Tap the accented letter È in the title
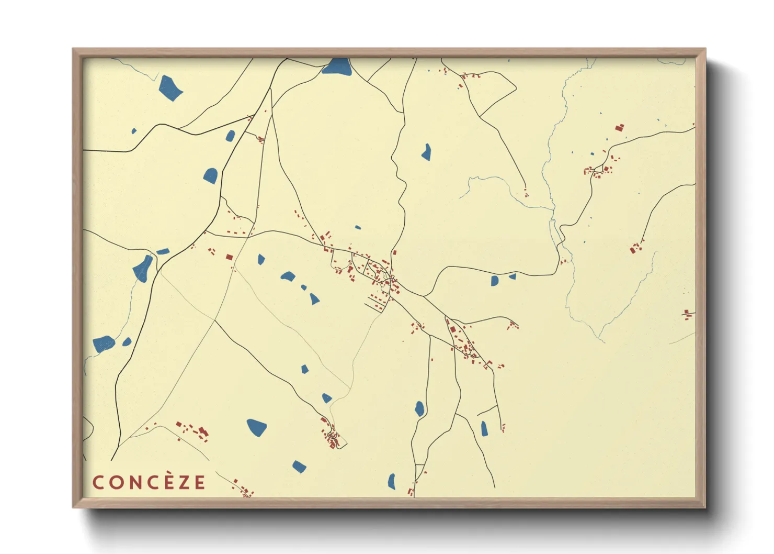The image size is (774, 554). (169, 482)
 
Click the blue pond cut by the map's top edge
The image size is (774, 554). (336, 67)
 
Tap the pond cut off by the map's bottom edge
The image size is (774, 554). (392, 481)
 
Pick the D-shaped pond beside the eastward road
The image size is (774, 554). (494, 281)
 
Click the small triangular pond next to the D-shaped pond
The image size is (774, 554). (513, 276)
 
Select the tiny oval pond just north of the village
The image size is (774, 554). (358, 227)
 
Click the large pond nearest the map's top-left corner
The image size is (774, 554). (170, 87)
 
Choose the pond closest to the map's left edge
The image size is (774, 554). (104, 344)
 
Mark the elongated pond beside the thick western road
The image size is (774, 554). (142, 269)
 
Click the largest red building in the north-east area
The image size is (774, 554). (620, 127)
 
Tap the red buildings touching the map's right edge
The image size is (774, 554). (688, 314)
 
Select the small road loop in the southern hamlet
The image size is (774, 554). (333, 436)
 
